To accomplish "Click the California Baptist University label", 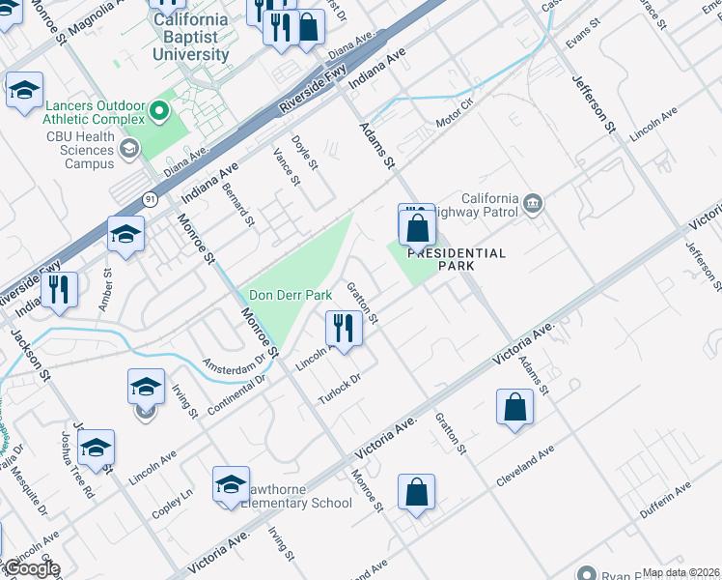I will pos(191,38).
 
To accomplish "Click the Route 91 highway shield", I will pos(150,198).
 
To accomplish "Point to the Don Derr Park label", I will pos(291,295).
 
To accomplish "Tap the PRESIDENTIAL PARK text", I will pos(456,259).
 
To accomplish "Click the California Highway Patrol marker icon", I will pos(533,204).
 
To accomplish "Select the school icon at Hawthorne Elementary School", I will pos(231,484).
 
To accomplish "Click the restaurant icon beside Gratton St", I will pos(343,328).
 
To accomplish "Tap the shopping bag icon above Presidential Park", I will pos(417,229).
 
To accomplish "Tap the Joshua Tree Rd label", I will pos(76,463).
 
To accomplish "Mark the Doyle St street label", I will pos(306,152).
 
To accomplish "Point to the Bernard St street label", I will pos(237,204).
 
